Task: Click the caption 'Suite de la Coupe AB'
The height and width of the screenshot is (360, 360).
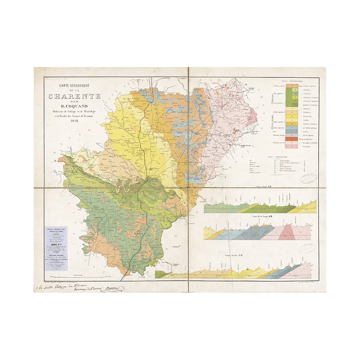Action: (260, 217)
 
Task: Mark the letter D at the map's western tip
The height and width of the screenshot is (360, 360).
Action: (54, 160)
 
